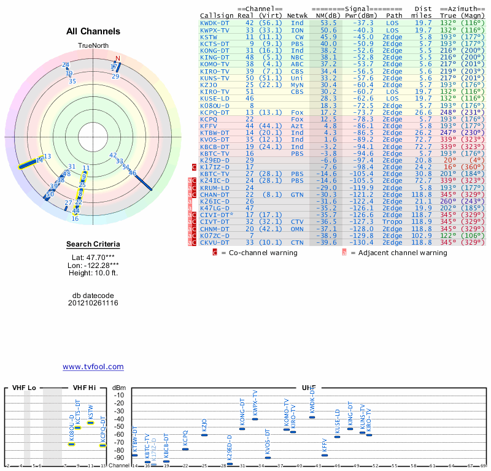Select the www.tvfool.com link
pyautogui.click(x=93, y=367)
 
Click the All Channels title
pyautogui.click(x=93, y=31)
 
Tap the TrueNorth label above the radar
pyautogui.click(x=93, y=46)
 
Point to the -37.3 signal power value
pyautogui.click(x=357, y=23)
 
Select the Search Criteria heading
pyautogui.click(x=93, y=245)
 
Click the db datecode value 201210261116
pyautogui.click(x=93, y=303)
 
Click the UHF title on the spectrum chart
pyautogui.click(x=309, y=388)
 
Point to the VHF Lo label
pyautogui.click(x=24, y=388)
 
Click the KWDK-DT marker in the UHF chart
pyautogui.click(x=312, y=417)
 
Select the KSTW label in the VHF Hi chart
pyautogui.click(x=91, y=413)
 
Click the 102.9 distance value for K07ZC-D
pyautogui.click(x=423, y=235)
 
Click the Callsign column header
pyautogui.click(x=216, y=15)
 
